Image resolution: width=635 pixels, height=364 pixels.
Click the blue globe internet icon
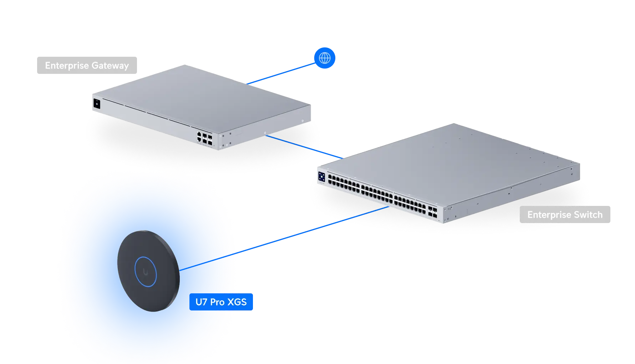tap(325, 58)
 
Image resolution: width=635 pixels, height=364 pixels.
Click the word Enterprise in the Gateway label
tap(67, 66)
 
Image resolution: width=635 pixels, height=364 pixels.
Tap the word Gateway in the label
tap(110, 66)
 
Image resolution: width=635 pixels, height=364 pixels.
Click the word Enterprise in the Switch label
tap(549, 215)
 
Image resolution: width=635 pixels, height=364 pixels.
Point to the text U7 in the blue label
tap(201, 302)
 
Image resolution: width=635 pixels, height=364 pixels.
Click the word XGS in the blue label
tap(237, 302)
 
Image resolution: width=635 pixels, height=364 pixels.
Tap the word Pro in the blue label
tap(217, 302)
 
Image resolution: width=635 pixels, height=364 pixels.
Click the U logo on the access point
tap(146, 272)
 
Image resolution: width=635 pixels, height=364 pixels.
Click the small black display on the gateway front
tap(96, 104)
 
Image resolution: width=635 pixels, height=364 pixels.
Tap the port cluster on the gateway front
tap(204, 138)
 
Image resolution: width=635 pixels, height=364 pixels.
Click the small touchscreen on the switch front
tap(321, 176)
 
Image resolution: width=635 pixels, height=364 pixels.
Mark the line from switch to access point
tap(314, 229)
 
